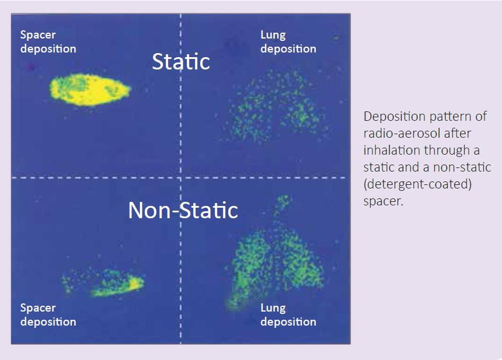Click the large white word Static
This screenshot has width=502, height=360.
coord(181,61)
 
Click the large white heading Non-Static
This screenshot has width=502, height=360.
coord(183,210)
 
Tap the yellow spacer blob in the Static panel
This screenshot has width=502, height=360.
coord(90,90)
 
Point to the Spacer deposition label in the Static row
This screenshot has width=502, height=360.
coord(48,41)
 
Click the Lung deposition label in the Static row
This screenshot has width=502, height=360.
coord(288,41)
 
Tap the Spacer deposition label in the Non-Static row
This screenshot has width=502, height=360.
coord(48,314)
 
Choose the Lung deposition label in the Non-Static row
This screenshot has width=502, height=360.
coord(288,314)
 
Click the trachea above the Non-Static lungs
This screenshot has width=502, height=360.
coord(281,207)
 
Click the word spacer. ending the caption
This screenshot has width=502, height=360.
coord(383,201)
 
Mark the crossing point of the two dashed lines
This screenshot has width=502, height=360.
coord(180,177)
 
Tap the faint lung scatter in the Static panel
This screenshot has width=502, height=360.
coord(276,107)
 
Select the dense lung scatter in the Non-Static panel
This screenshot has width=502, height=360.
coord(276,263)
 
